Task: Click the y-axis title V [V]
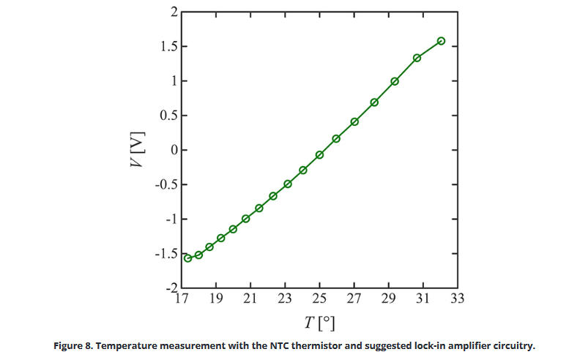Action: coord(137,151)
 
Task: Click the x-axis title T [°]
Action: coord(319,322)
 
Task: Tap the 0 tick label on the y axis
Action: coord(174,151)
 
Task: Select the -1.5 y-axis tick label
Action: coord(164,254)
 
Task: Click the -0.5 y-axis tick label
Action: coord(164,185)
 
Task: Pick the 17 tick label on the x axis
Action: coord(182,299)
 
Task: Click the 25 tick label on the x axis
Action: coord(319,299)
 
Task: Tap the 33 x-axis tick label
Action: coord(457,299)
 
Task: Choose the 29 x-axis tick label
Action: coord(388,299)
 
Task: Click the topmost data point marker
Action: coord(441,41)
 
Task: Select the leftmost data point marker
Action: coord(187,258)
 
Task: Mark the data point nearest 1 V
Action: coord(395,81)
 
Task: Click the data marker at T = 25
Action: coord(319,155)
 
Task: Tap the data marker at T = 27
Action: coord(354,121)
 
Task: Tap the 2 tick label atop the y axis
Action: coord(174,12)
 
